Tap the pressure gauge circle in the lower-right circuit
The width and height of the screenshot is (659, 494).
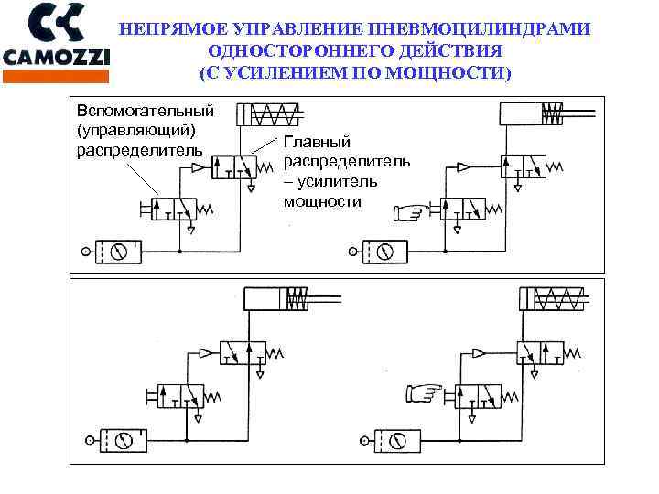[x=396, y=441]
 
